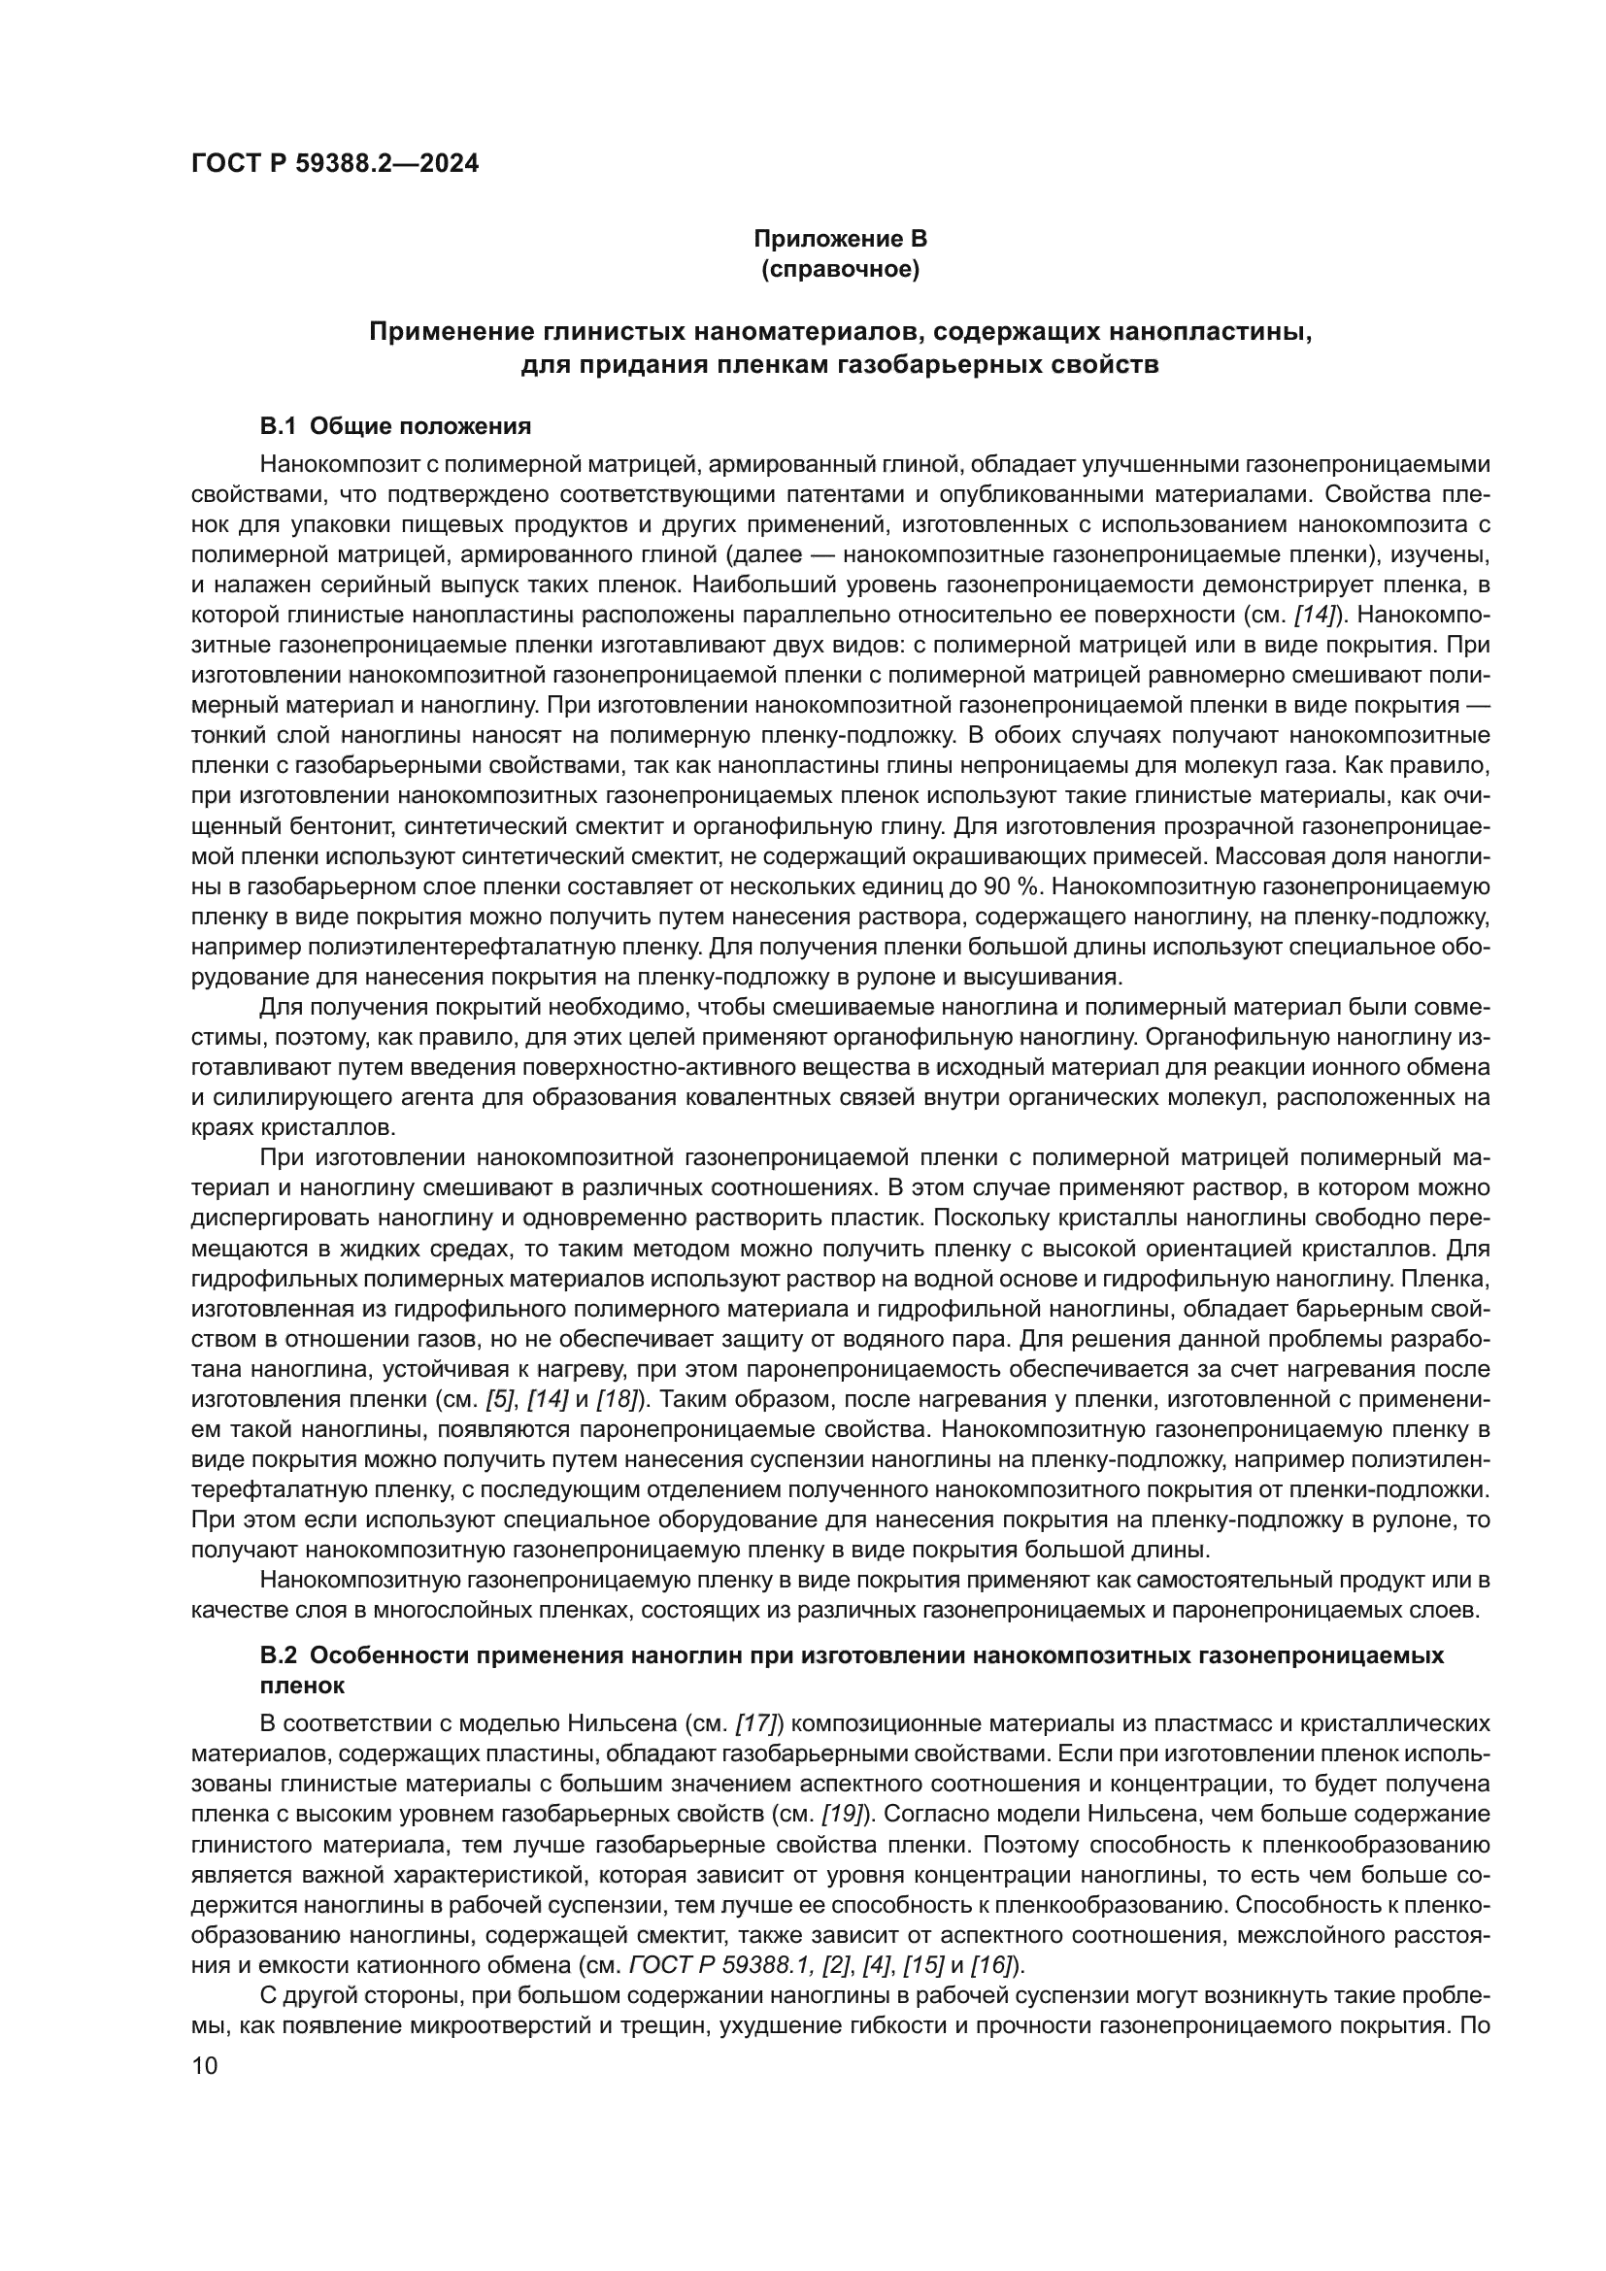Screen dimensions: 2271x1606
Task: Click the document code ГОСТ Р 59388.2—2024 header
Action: pyautogui.click(x=334, y=164)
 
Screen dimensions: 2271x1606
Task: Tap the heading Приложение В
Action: pyautogui.click(x=840, y=239)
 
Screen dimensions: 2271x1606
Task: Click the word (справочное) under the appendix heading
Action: pyautogui.click(x=840, y=269)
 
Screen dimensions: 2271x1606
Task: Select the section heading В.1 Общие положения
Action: pyautogui.click(x=394, y=426)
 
